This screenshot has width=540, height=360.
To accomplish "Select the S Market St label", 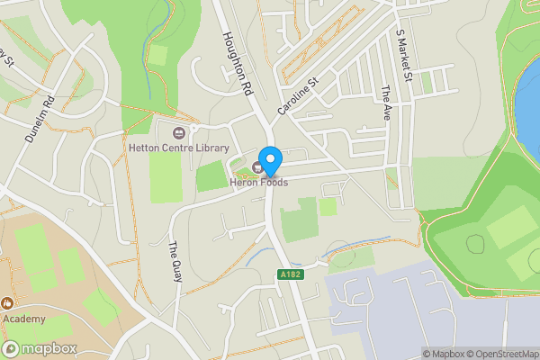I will (x=403, y=53).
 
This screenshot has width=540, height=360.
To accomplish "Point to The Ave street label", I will (x=387, y=103).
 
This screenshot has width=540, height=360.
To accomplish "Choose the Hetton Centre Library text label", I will (x=178, y=148).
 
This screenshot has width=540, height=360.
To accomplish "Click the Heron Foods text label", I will (x=258, y=183).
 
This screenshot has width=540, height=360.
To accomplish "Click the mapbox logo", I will (x=40, y=348).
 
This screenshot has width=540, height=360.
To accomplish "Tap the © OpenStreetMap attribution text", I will (x=506, y=354).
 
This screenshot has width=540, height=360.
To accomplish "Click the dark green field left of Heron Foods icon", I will (x=211, y=176).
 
